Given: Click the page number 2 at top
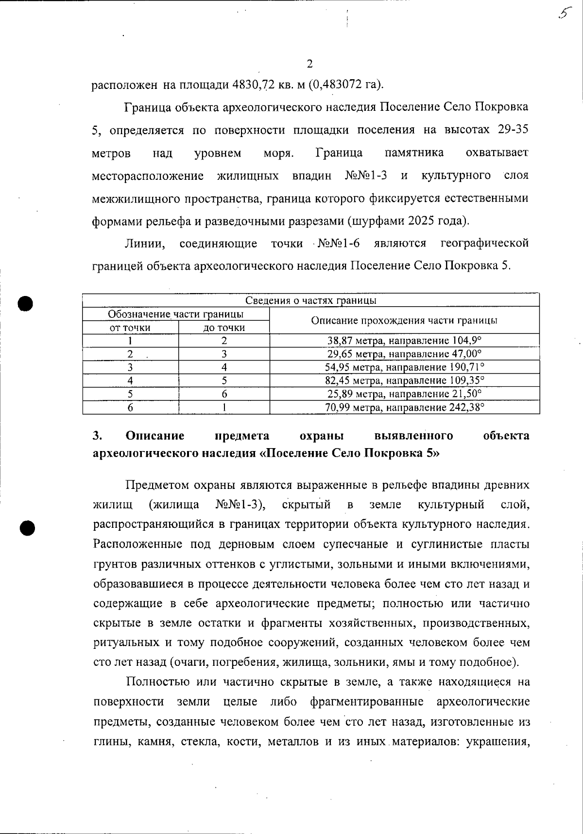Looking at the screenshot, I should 309,64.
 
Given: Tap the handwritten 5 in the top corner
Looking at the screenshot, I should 564,14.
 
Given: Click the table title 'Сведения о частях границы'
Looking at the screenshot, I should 311,300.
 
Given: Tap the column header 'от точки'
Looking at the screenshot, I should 130,328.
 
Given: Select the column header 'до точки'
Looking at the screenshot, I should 224,328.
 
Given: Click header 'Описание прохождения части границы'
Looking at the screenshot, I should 404,320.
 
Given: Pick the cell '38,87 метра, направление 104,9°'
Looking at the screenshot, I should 405,341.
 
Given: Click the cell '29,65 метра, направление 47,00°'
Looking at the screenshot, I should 405,354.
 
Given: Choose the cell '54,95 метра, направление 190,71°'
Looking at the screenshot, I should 405,367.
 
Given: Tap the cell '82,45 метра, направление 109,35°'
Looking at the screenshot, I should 405,380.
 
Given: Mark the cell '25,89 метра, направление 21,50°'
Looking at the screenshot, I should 405,393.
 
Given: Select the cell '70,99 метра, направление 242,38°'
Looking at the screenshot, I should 405,407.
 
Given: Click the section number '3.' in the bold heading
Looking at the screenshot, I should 97,435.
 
